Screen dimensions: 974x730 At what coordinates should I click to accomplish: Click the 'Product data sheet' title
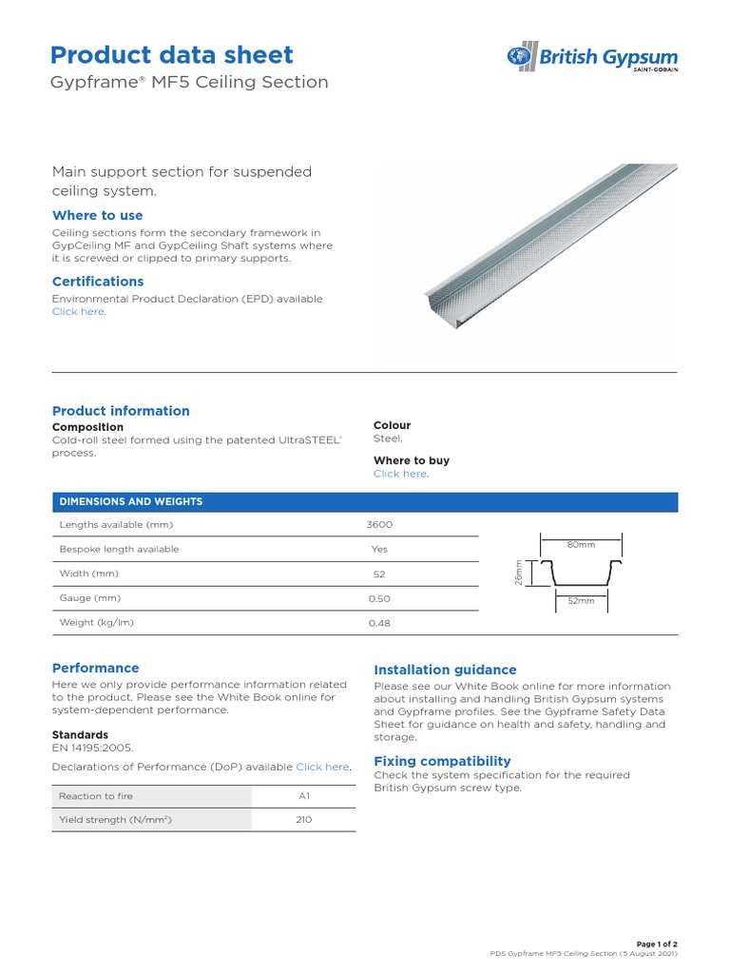tap(172, 54)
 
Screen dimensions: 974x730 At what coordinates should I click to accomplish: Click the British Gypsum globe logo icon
tap(522, 57)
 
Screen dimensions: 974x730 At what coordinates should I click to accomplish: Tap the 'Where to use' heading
tap(97, 216)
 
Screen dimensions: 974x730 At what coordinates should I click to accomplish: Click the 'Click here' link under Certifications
tap(78, 312)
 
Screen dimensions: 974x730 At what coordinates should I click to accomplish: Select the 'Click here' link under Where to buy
tap(399, 474)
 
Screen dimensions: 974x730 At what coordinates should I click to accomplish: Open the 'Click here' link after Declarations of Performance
tap(322, 767)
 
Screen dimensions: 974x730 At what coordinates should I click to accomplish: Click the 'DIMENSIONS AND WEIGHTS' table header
tap(131, 501)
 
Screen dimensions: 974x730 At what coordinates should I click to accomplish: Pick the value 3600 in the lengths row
tap(379, 525)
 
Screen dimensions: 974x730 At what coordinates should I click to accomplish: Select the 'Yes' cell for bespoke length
tap(379, 550)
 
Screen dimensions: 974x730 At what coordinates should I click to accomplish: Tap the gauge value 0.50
tap(379, 599)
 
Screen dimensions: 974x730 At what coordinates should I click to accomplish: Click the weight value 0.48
tap(379, 624)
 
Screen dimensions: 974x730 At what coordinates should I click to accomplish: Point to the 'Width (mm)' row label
tap(88, 575)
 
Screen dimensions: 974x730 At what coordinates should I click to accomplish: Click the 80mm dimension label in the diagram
tap(581, 545)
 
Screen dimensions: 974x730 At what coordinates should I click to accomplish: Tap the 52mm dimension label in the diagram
tap(581, 601)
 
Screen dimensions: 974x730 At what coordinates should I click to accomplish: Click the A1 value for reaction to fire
tap(303, 796)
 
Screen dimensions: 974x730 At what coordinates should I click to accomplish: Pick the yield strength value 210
tap(303, 820)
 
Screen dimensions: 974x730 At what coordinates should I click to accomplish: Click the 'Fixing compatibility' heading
tap(442, 761)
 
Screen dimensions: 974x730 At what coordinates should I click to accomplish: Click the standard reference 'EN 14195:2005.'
tap(93, 749)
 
